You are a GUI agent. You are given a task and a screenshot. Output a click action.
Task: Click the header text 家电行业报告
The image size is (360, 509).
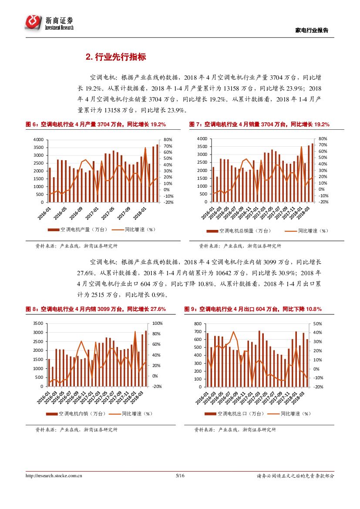(312, 30)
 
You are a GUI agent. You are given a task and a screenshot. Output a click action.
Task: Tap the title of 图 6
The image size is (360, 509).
(96, 125)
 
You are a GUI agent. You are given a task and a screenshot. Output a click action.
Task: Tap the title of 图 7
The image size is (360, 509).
(259, 125)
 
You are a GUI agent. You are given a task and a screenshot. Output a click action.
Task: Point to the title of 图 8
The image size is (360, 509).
(96, 309)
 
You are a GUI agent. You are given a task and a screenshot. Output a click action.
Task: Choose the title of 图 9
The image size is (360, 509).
(253, 309)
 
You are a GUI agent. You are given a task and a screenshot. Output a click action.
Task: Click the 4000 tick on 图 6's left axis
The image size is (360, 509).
(38, 140)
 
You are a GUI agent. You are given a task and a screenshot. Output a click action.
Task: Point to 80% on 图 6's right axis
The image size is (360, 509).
(168, 140)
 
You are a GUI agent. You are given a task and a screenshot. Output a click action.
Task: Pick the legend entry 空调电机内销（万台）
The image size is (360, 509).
(75, 414)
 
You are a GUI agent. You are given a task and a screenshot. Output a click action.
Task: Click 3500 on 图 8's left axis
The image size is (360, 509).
(38, 324)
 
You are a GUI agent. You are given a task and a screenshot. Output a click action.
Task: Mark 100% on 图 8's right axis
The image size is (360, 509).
(158, 324)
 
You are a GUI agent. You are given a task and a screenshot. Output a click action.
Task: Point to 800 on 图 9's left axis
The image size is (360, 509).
(198, 324)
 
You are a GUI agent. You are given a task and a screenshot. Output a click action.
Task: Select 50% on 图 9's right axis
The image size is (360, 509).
(317, 324)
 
